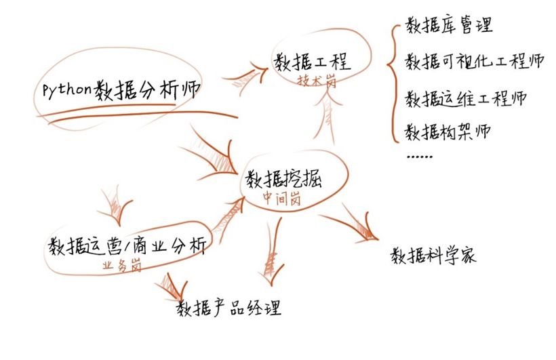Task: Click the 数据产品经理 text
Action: (229, 309)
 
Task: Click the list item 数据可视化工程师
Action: (474, 62)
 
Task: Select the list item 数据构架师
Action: (447, 130)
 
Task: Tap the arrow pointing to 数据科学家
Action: (352, 223)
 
